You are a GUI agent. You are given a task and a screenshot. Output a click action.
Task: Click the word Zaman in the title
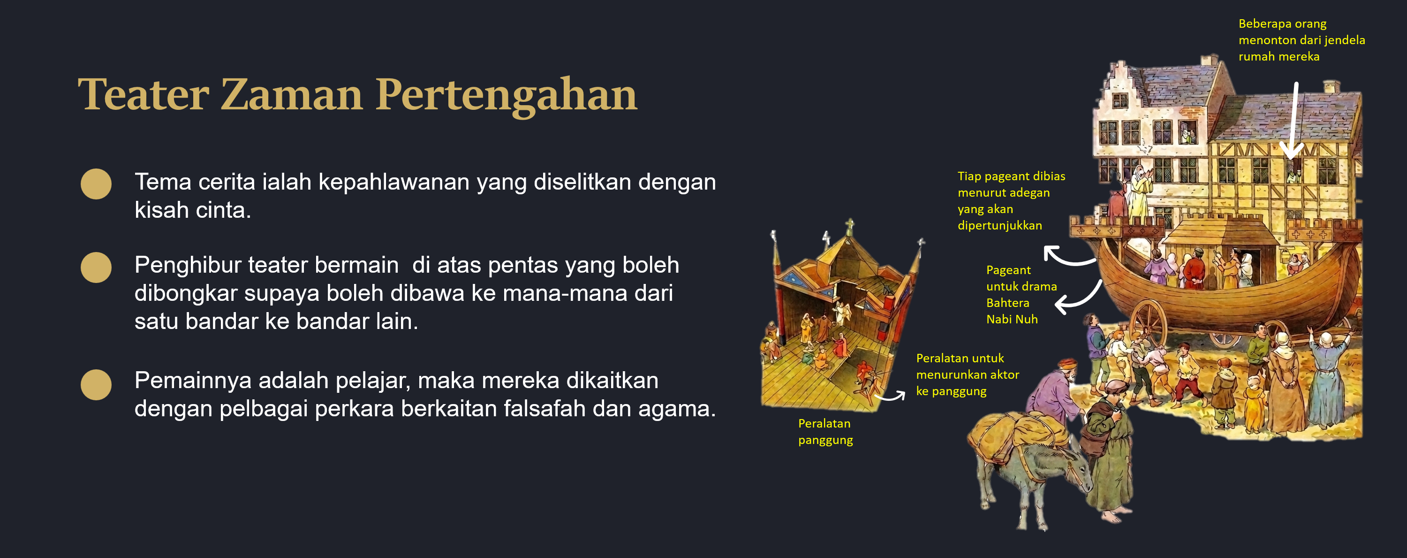tap(292, 94)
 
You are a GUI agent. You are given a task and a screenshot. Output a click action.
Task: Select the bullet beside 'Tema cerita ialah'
tap(96, 183)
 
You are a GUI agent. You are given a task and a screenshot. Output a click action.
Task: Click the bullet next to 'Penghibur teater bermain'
tap(96, 267)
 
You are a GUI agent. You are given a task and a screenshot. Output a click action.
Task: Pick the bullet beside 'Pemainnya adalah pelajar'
tap(96, 385)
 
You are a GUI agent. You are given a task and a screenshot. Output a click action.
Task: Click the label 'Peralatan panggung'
tap(825, 431)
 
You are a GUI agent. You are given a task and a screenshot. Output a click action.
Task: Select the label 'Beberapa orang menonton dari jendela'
tap(1301, 40)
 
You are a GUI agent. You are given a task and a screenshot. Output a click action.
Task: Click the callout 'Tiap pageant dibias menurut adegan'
tap(1011, 200)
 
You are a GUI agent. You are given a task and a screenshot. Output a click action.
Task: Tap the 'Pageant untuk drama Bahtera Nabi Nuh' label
tap(1021, 294)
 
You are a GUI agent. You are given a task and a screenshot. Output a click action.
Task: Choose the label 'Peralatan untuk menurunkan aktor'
tap(967, 375)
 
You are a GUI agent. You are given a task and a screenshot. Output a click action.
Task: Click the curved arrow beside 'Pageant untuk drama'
tap(1079, 299)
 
